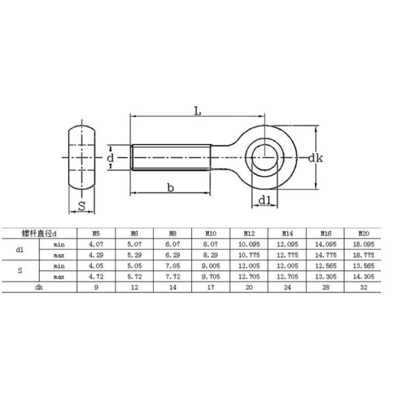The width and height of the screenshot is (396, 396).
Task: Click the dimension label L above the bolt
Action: coord(197,111)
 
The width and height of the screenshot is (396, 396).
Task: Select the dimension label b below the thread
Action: coord(170,188)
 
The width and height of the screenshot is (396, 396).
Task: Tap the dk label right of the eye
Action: coord(315,158)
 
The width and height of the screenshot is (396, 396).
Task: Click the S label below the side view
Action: coord(82,206)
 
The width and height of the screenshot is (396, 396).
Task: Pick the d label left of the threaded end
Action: coord(111,158)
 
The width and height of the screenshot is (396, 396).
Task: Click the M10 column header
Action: coord(211,233)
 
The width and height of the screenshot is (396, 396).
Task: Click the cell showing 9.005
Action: coord(211,266)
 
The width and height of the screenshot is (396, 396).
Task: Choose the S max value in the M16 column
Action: coord(325,277)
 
